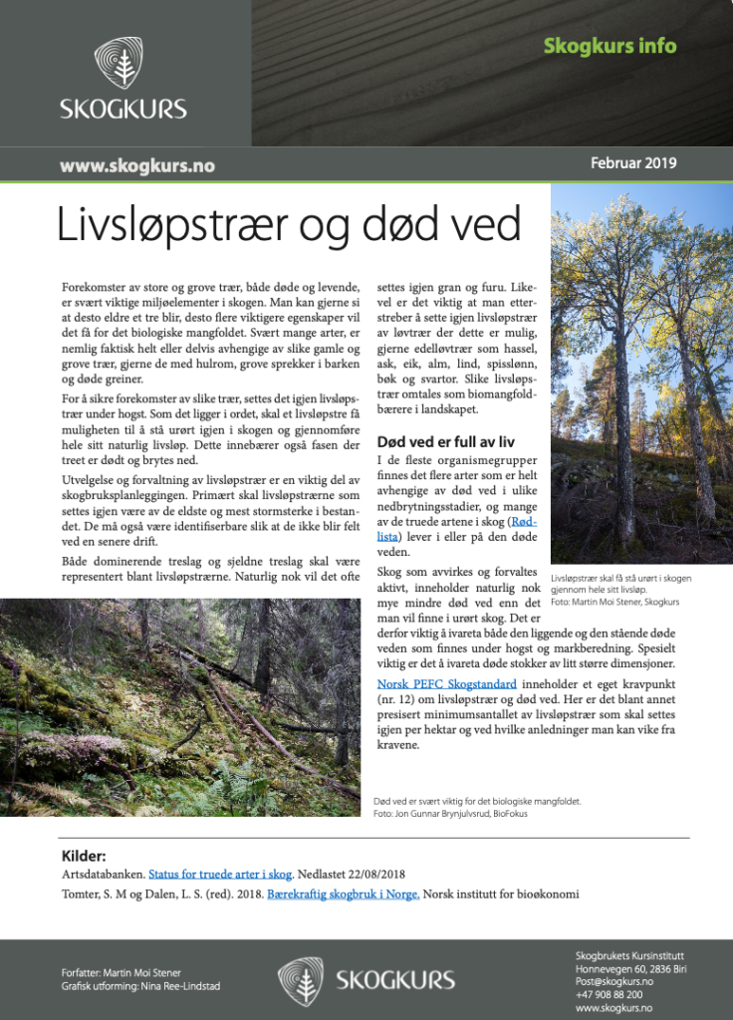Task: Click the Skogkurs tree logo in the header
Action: pyautogui.click(x=122, y=65)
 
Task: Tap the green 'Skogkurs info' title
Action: pyautogui.click(x=610, y=46)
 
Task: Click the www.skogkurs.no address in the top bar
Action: pyautogui.click(x=137, y=165)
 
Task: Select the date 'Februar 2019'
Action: pyautogui.click(x=632, y=163)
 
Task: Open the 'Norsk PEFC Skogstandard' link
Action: pyautogui.click(x=446, y=684)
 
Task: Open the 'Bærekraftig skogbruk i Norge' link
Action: pyautogui.click(x=344, y=893)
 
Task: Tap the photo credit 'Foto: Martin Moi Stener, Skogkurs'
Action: pyautogui.click(x=614, y=602)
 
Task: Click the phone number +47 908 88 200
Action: pyautogui.click(x=609, y=994)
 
